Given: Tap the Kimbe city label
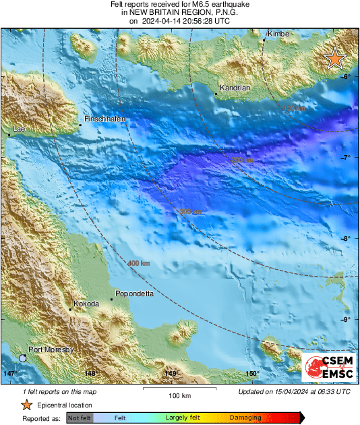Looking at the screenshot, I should pos(278,34).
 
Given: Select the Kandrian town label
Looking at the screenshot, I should pos(235,88).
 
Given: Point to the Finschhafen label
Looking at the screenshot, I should pos(104,119).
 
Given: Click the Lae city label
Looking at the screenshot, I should pos(18,128).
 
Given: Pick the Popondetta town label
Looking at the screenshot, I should pos(136,293).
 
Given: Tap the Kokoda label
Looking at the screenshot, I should pos(86,304).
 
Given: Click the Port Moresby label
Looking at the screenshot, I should pos(51,349).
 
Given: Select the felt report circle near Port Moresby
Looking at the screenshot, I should pos(23,358).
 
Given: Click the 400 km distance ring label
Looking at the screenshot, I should pos(139,262).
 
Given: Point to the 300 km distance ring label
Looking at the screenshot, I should pos(191,212).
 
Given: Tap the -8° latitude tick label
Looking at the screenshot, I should pos(346,238).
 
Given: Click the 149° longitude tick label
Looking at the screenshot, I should pos(171,373).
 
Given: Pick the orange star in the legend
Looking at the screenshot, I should pos(26,405).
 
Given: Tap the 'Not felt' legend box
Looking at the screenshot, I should pos(80,418).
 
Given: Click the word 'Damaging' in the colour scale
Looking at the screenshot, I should pos(245,418).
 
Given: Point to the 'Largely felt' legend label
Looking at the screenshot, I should pos(181,418).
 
